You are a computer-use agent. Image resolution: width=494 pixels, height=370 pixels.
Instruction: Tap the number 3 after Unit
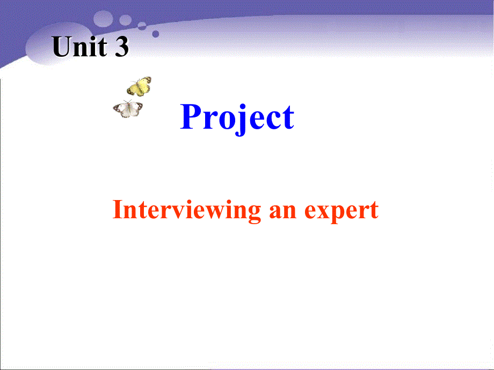click(121, 47)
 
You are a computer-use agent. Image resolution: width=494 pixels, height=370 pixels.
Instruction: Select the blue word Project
click(237, 117)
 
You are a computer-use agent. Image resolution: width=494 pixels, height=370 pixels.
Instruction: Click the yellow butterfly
click(139, 86)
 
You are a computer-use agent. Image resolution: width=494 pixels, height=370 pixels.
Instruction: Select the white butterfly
click(128, 109)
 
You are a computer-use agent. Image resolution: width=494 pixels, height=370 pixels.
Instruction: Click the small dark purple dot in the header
click(156, 33)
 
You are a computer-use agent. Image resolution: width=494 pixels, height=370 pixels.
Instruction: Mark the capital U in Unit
click(62, 47)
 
